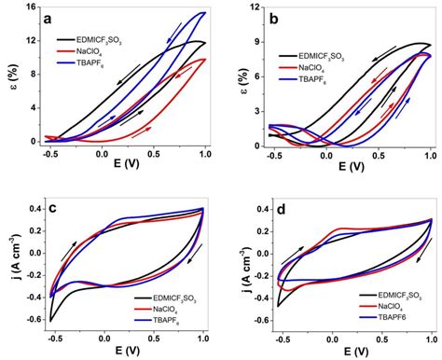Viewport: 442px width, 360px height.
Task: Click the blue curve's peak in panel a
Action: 202,13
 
